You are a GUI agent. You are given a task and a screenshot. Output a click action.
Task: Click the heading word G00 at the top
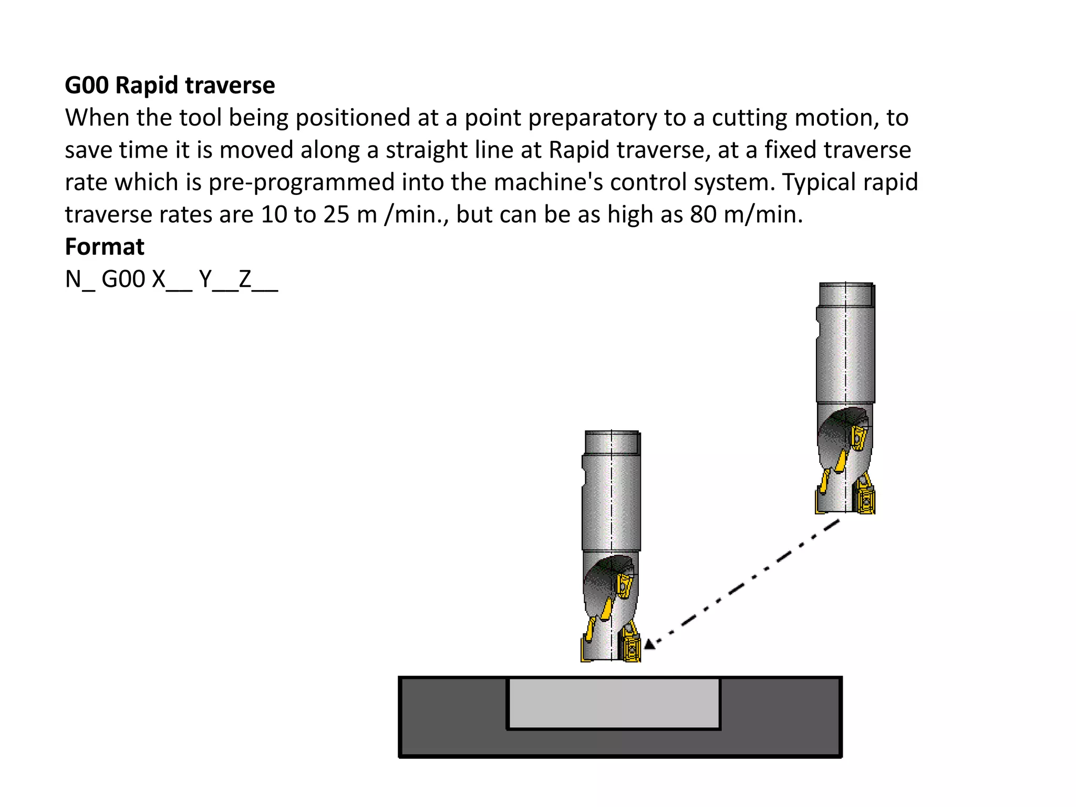tap(87, 85)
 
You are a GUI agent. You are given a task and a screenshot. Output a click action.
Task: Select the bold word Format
tap(105, 246)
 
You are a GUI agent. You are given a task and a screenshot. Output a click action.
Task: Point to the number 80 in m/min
tap(703, 214)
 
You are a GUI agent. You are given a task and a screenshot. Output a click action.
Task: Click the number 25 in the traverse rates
tap(336, 214)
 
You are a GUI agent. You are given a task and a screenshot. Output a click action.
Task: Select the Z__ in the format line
tap(258, 280)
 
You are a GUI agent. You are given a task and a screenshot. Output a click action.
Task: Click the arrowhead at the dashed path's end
tap(650, 644)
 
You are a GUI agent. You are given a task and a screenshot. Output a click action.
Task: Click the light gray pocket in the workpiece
tap(614, 703)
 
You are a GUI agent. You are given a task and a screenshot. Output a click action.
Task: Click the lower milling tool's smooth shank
tap(612, 504)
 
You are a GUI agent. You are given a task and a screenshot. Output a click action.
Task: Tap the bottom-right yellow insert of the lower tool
tap(631, 650)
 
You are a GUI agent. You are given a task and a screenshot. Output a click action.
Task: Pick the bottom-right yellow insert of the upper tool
tap(865, 502)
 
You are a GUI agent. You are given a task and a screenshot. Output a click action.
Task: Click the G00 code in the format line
tap(123, 280)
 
